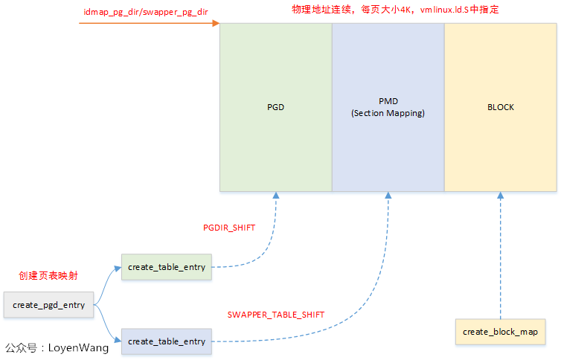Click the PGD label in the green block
point(275,107)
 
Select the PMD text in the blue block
point(388,101)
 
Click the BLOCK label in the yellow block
point(500,107)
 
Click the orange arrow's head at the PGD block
point(216,24)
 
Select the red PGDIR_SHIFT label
point(229,228)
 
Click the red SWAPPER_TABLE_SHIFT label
point(275,315)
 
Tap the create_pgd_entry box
point(48,305)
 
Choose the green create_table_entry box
point(166,266)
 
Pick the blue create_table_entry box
point(166,341)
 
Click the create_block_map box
point(500,331)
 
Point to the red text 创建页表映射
point(48,275)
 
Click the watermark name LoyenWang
point(78,347)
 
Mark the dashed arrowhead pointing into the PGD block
point(276,195)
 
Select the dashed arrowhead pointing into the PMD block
point(388,195)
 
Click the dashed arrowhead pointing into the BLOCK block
point(500,195)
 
